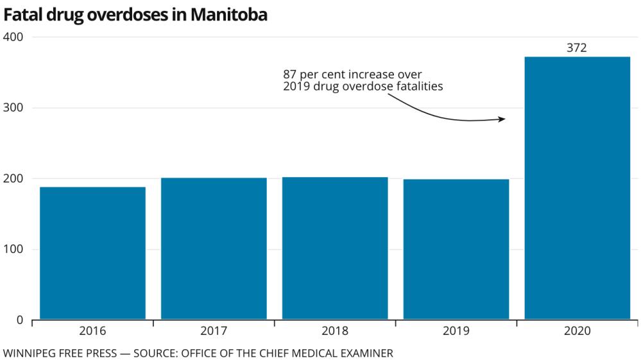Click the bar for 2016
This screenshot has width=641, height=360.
pos(92,253)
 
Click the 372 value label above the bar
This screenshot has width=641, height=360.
pos(577,48)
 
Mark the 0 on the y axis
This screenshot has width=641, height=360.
pos(19,320)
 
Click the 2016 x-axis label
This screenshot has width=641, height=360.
pos(92,331)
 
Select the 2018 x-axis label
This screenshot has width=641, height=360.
pos(335,331)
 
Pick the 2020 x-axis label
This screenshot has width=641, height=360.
pos(577,331)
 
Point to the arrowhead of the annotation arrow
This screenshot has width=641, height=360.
pos(502,119)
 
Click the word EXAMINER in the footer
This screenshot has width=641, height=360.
pos(367,353)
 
